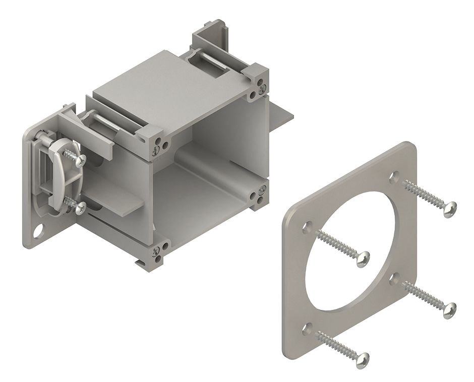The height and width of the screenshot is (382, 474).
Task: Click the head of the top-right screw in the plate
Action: pyautogui.click(x=449, y=208)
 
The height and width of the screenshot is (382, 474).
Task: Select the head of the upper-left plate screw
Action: pyautogui.click(x=363, y=258)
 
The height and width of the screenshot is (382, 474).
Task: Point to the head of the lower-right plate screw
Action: pyautogui.click(x=449, y=309)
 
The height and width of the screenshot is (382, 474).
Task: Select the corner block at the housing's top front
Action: pyautogui.click(x=154, y=141)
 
